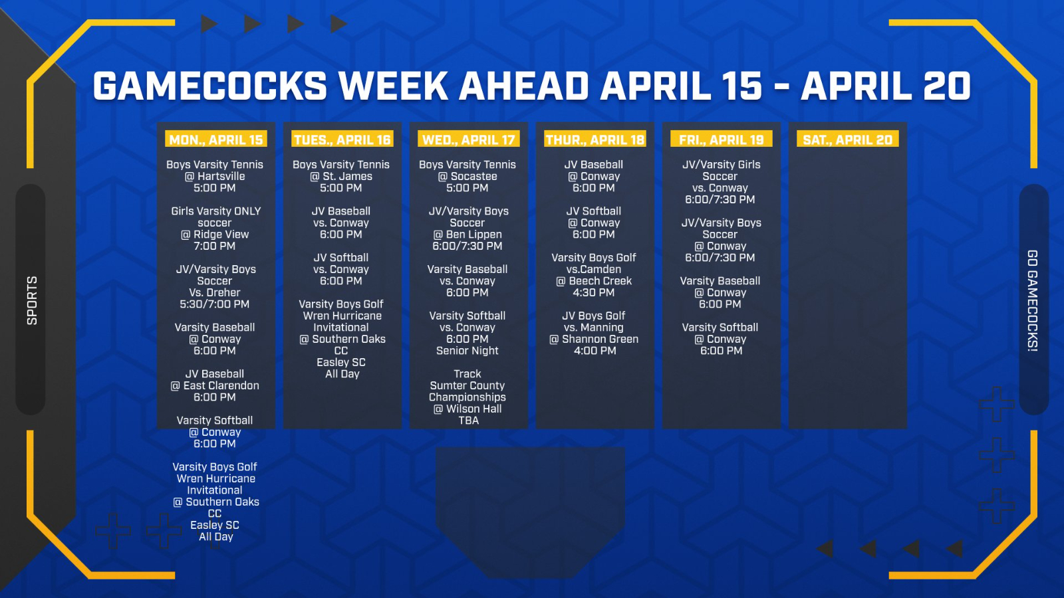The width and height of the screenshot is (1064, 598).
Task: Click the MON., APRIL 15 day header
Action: [216, 140]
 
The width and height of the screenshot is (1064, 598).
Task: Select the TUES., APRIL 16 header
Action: [342, 140]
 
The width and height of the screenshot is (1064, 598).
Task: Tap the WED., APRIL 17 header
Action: [469, 140]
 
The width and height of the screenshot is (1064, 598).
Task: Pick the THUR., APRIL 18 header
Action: [595, 140]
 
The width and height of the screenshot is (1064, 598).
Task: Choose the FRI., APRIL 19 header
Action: [722, 140]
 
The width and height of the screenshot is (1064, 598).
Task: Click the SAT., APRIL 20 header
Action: [848, 140]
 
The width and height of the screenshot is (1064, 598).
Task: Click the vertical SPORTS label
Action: [32, 300]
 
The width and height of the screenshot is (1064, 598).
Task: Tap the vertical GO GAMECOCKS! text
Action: [1033, 301]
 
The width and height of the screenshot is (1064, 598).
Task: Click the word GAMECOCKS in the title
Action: [210, 86]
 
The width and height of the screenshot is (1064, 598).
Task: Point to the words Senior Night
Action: [467, 351]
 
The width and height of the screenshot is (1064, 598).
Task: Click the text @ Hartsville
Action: [215, 176]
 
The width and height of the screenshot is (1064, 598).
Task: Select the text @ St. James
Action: [341, 176]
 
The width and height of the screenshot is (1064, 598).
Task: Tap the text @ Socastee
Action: [467, 176]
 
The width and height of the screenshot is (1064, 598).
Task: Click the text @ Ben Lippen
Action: [467, 235]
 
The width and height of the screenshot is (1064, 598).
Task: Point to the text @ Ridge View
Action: [215, 235]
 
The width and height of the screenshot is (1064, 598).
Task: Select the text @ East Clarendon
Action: [215, 385]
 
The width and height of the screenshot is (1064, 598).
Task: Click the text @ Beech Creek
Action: [594, 281]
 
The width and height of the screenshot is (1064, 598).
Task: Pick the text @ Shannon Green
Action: [594, 340]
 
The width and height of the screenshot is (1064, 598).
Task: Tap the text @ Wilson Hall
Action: [467, 409]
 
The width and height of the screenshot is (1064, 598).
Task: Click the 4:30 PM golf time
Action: [594, 292]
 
